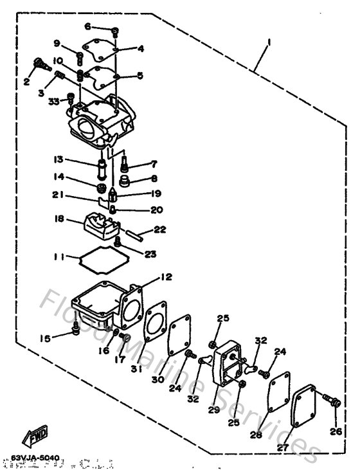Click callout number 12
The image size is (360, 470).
tap(166, 278)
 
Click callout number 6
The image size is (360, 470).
tap(89, 27)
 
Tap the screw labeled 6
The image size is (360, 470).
tap(114, 30)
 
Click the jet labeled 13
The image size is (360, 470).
tap(102, 170)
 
